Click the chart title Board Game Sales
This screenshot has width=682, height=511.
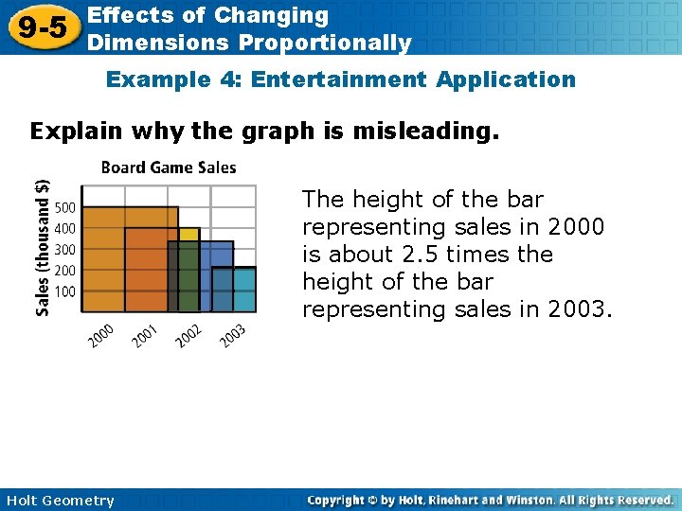click(169, 167)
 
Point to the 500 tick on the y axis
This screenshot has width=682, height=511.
click(65, 207)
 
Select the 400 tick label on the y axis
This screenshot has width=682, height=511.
click(65, 228)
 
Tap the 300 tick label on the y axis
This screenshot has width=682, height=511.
click(65, 249)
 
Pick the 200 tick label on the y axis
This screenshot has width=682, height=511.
click(65, 270)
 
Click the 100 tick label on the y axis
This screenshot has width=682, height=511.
click(65, 291)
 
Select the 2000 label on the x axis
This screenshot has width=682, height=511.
click(102, 335)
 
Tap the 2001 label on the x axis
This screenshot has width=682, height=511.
click(146, 335)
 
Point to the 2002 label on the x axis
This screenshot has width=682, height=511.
click(189, 335)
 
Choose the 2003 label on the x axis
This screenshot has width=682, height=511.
click(233, 335)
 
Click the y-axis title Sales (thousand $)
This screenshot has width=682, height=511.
click(43, 248)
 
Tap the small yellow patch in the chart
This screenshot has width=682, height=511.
click(188, 234)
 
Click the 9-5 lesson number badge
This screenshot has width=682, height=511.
click(41, 27)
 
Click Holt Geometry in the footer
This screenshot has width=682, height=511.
click(59, 501)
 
